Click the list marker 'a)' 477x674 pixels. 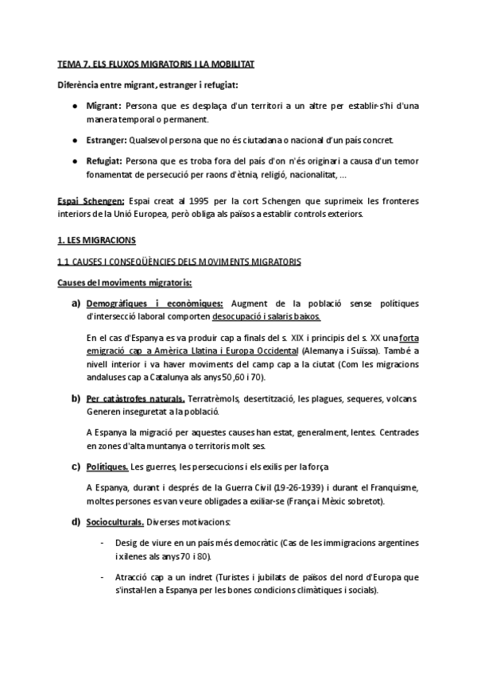coord(76,304)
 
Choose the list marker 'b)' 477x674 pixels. coord(76,397)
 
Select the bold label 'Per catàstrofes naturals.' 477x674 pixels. coord(135,397)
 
